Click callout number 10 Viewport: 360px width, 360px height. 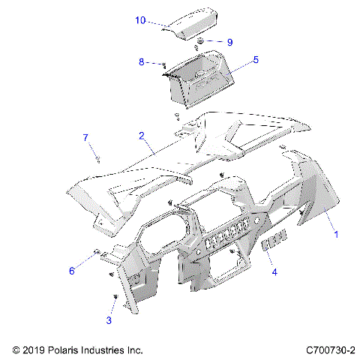tap(140, 20)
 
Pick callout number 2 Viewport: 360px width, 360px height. tap(140, 136)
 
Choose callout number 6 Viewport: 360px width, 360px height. tap(72, 270)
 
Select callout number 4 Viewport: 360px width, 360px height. tap(274, 272)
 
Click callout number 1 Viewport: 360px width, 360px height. tap(337, 234)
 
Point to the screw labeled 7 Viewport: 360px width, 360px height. tap(98, 157)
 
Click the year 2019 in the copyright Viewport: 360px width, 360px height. tap(36, 350)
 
